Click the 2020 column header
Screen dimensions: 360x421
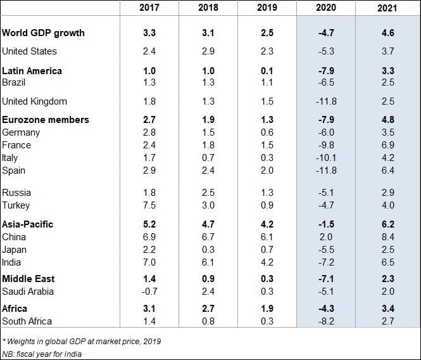coord(326,9)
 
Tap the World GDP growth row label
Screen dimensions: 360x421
coord(43,32)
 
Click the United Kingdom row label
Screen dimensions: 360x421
coord(34,101)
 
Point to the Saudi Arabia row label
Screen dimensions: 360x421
coord(28,292)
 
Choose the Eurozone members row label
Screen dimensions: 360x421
coord(46,120)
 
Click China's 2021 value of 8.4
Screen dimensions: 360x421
coord(387,237)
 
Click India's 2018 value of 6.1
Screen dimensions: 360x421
coord(208,262)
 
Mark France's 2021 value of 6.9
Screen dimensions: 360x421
coord(387,145)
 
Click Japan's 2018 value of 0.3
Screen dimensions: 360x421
coord(208,250)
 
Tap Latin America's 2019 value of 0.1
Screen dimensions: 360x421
coord(267,70)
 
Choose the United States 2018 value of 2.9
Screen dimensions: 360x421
coord(208,51)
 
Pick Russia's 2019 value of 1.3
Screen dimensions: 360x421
coord(267,193)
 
